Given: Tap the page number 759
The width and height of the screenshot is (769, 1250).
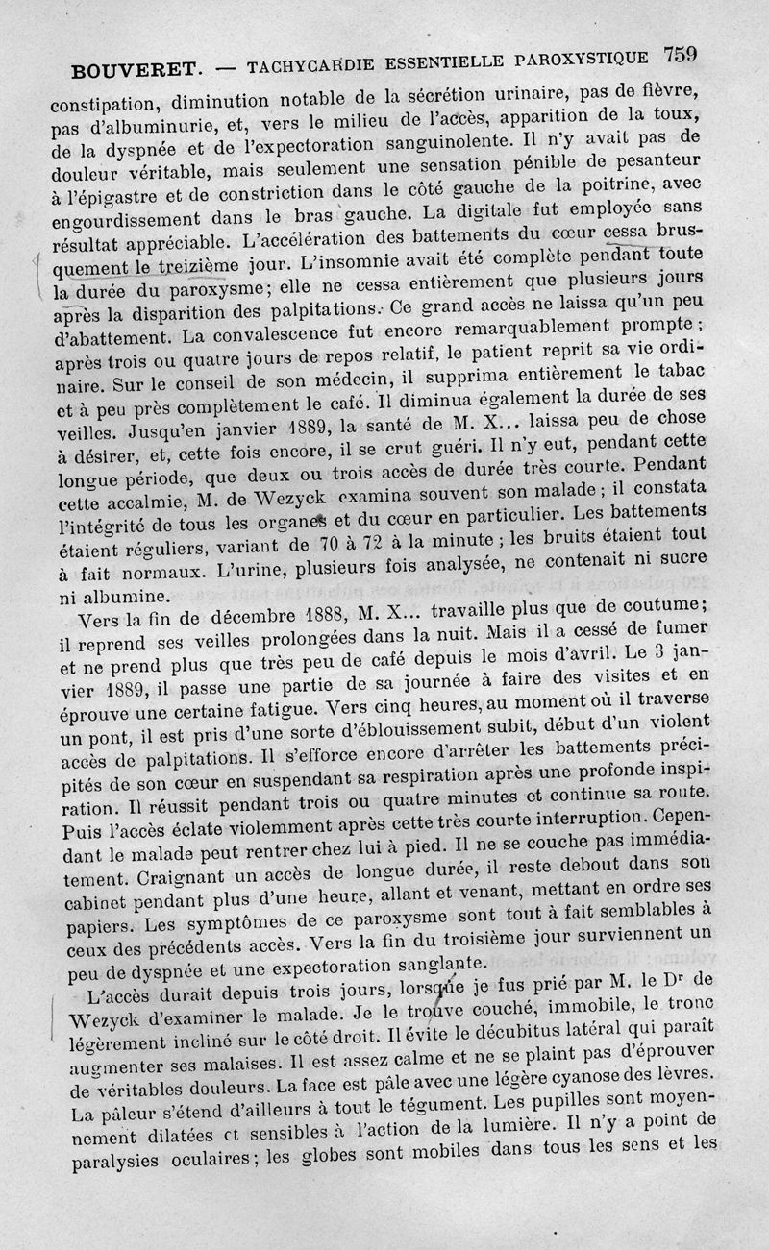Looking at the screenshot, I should [678, 54].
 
